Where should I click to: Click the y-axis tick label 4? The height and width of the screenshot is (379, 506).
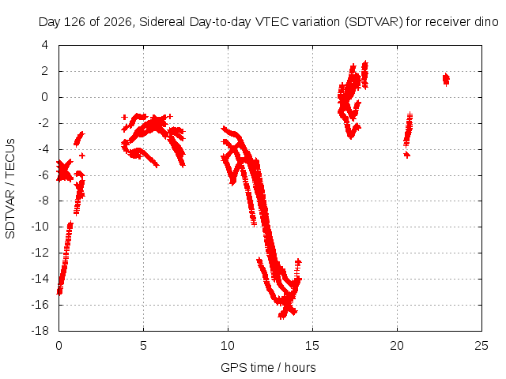click(x=45, y=45)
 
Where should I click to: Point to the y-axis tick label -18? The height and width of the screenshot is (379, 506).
click(x=40, y=331)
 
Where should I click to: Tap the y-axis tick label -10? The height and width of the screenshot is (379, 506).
click(x=40, y=227)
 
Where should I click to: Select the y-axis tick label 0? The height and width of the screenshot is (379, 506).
click(x=45, y=96)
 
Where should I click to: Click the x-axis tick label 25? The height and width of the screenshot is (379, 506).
click(x=481, y=346)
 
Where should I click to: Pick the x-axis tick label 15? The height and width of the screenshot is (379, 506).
click(x=312, y=346)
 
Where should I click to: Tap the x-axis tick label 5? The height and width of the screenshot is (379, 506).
click(x=143, y=346)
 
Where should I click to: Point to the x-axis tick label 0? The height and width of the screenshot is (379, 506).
click(x=59, y=346)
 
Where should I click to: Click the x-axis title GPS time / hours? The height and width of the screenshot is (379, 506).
click(x=268, y=367)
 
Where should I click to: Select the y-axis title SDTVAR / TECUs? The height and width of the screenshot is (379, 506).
click(x=10, y=189)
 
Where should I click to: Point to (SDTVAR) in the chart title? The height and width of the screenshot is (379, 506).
click(x=374, y=22)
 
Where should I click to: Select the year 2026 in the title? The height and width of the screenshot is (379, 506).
click(x=118, y=22)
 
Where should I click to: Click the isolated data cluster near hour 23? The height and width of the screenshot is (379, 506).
click(x=446, y=79)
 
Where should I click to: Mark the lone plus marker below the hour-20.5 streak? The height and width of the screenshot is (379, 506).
click(x=407, y=155)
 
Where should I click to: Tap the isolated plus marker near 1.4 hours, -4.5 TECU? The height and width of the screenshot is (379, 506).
click(x=82, y=156)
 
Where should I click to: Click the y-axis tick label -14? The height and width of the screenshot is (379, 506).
click(x=40, y=279)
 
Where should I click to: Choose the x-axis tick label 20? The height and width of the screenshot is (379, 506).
click(x=397, y=346)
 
